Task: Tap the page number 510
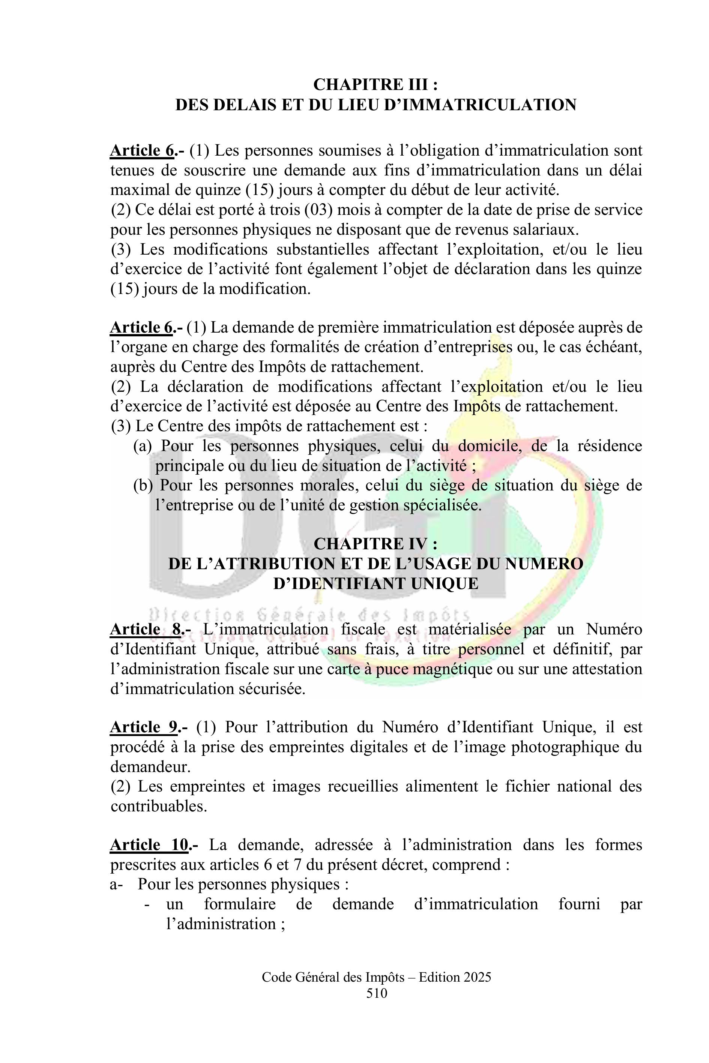pyautogui.click(x=377, y=993)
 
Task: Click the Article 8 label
pyautogui.click(x=146, y=629)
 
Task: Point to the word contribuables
pyautogui.click(x=159, y=806)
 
